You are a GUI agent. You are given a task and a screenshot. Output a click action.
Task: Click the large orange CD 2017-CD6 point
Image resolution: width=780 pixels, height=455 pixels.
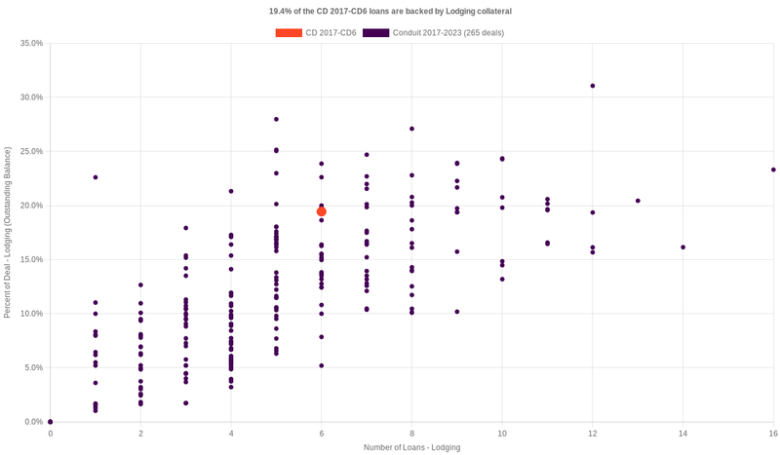click(322, 211)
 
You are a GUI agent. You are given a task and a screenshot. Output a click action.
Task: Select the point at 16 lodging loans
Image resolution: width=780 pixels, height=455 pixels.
click(773, 170)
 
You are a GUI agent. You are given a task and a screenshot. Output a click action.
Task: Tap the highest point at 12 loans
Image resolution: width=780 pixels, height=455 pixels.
click(593, 86)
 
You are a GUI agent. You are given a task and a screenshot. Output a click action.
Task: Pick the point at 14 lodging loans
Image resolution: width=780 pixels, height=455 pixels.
click(682, 247)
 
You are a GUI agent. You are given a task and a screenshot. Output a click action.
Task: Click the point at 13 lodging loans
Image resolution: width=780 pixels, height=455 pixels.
click(638, 201)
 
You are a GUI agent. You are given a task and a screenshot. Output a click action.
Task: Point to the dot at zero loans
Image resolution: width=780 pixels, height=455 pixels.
click(51, 422)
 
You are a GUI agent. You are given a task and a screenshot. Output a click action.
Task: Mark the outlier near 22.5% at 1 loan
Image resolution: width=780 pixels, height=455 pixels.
click(96, 177)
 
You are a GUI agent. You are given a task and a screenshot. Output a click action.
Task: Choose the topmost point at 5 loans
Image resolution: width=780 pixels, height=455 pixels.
click(277, 119)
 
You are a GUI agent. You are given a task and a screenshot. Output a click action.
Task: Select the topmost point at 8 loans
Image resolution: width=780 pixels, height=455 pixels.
click(412, 129)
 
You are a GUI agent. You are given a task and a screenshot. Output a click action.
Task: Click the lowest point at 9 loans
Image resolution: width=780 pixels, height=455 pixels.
click(457, 312)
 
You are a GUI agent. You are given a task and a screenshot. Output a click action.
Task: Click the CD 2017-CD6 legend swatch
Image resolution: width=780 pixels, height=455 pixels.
click(289, 33)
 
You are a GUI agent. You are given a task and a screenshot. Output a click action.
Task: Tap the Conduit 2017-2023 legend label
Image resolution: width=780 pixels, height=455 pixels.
click(442, 33)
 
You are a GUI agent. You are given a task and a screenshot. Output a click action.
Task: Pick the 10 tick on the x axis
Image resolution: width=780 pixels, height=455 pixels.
click(502, 433)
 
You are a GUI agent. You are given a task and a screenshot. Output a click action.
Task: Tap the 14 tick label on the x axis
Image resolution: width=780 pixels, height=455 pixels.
click(682, 433)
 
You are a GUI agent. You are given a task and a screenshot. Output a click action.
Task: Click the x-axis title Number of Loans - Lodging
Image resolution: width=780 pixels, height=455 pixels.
click(411, 447)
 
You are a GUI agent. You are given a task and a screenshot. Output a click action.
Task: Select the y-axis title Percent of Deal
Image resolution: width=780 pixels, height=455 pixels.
click(8, 232)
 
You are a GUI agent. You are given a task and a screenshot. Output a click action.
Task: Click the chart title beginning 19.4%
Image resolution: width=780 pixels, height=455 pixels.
click(390, 11)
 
